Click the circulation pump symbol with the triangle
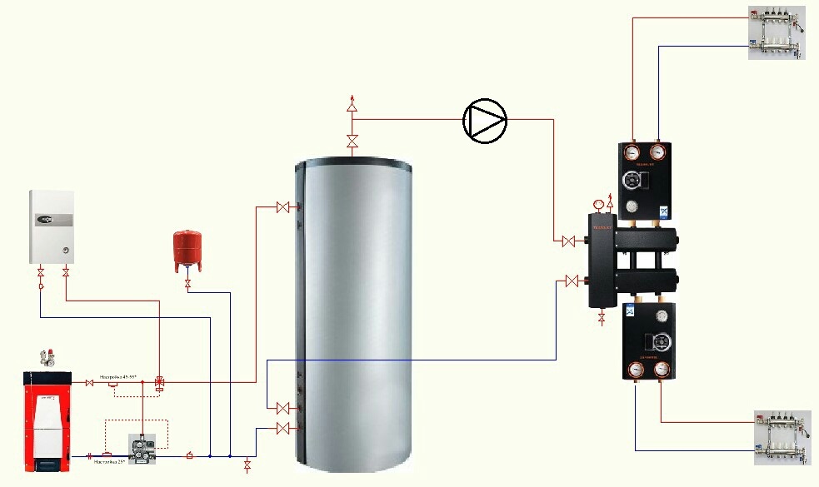[x=485, y=121]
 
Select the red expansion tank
[x=187, y=251]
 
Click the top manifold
[x=776, y=33]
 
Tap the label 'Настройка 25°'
[x=107, y=461]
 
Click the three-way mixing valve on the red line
[x=160, y=382]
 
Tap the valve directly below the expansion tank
[x=187, y=285]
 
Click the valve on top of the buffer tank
[x=352, y=141]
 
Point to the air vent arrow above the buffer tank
[x=352, y=103]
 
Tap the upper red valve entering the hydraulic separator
[x=569, y=241]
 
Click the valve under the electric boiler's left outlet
[x=40, y=273]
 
